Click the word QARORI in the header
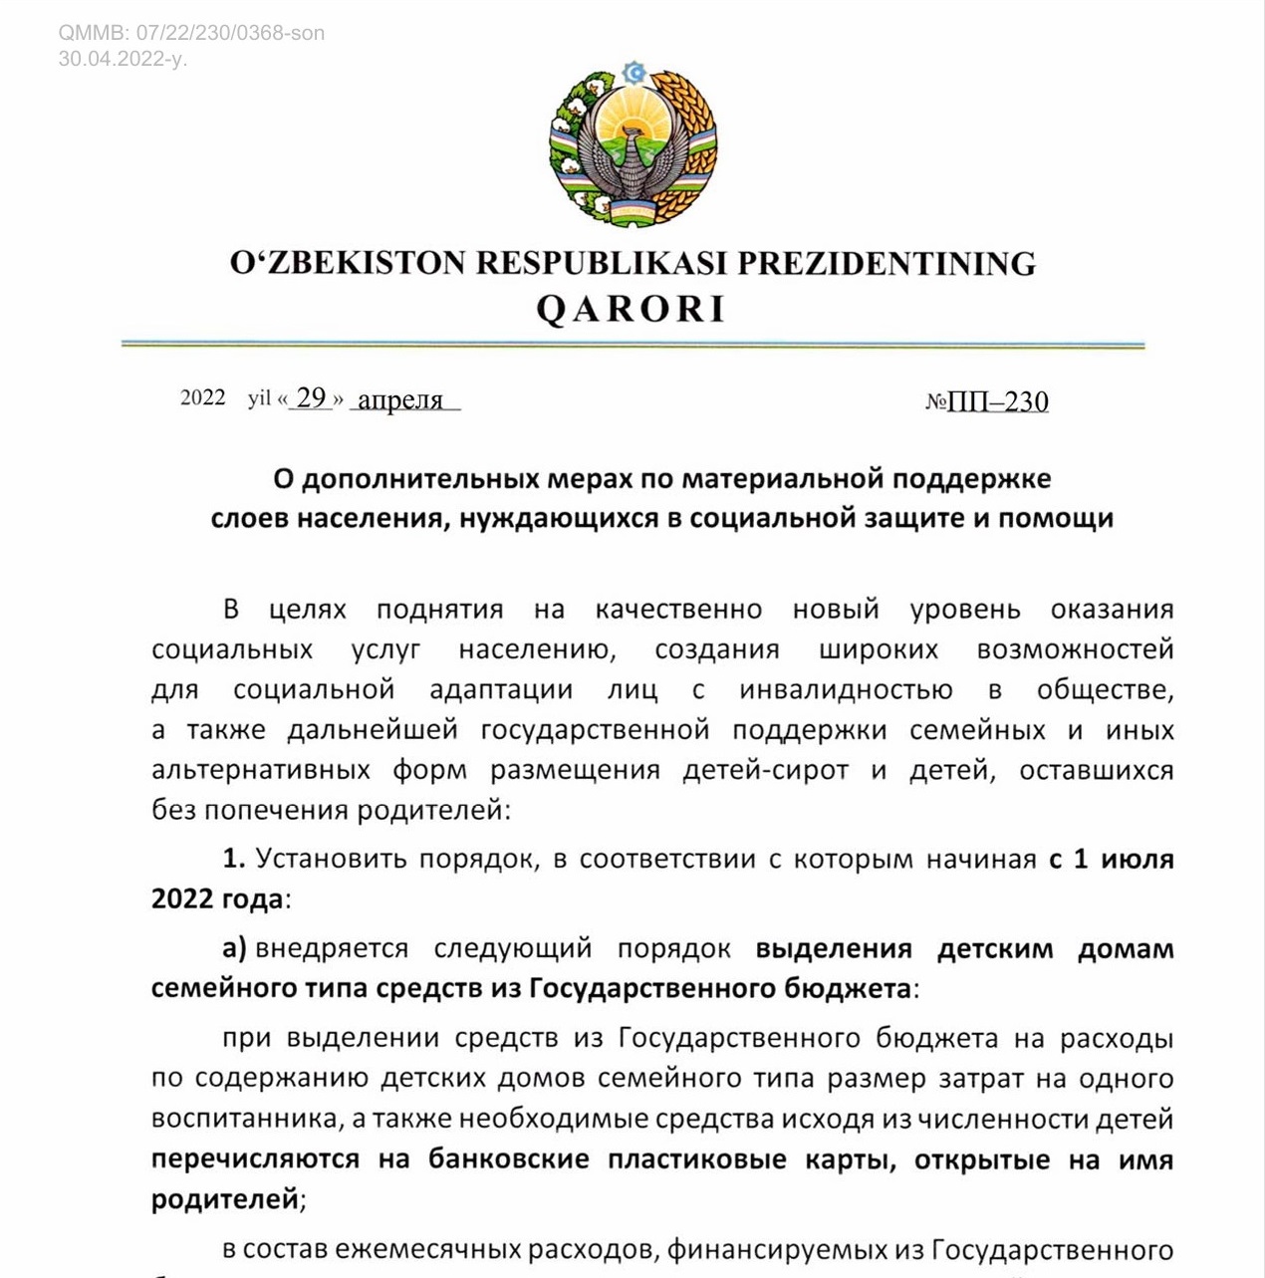[632, 310]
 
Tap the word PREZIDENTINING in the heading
[886, 263]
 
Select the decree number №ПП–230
[986, 401]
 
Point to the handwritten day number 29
[311, 397]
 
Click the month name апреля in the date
[400, 400]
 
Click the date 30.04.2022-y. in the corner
[122, 59]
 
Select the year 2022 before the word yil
[203, 397]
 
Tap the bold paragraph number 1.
[233, 859]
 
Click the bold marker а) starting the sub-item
[234, 948]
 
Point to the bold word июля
[1137, 859]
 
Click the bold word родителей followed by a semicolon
[224, 1198]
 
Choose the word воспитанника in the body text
[246, 1119]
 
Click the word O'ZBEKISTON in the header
[348, 263]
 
